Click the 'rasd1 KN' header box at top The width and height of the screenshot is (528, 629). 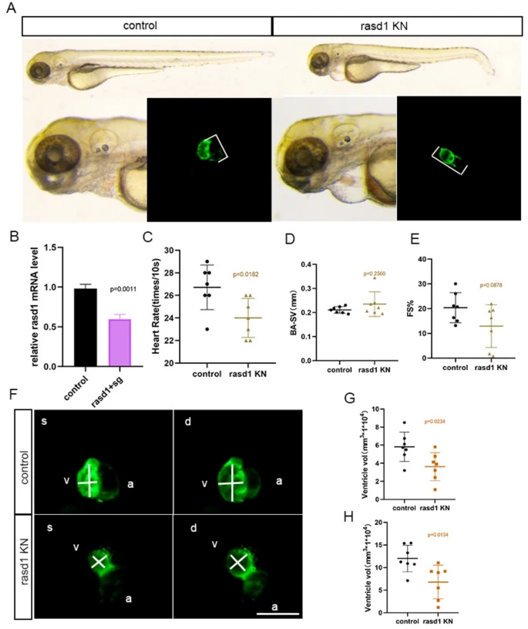tap(397, 25)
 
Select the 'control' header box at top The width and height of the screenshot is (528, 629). tap(146, 25)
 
